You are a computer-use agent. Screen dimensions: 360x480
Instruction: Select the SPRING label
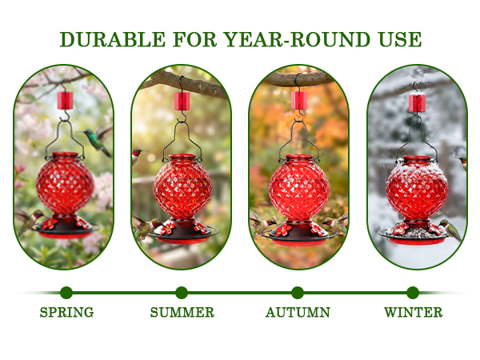[x=66, y=313]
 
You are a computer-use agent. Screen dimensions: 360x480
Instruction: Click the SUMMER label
[x=182, y=313]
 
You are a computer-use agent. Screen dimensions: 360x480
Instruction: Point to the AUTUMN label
[x=298, y=313]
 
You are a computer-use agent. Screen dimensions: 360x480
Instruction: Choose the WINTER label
[x=413, y=313]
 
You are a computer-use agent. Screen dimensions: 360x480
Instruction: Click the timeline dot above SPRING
[x=66, y=293]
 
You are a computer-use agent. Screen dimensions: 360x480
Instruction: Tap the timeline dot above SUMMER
[x=182, y=293]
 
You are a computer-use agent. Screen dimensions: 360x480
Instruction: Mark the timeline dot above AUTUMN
[x=298, y=293]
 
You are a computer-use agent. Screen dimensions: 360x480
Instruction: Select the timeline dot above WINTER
[x=413, y=293]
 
